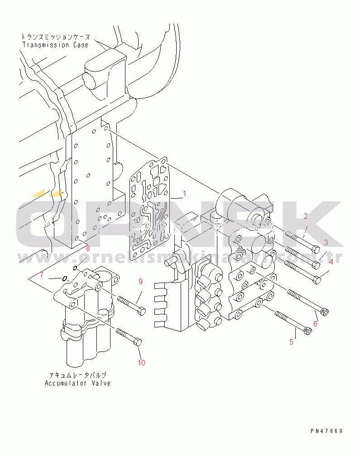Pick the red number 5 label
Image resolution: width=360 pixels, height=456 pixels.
coord(291,342)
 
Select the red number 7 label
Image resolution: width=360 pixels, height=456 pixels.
coord(41,275)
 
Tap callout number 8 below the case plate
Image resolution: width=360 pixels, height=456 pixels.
coord(88,248)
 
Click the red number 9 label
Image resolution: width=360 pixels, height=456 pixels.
coord(140,281)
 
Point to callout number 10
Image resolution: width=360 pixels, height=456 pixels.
coord(141,362)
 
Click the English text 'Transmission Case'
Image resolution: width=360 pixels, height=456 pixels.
coord(55,45)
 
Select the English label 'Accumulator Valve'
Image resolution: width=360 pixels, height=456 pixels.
coord(77,383)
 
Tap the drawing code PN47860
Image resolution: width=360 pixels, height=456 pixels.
coord(326,431)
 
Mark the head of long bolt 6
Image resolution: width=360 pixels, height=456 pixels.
coord(325,312)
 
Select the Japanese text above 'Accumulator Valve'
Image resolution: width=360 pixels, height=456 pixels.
coord(77,375)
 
